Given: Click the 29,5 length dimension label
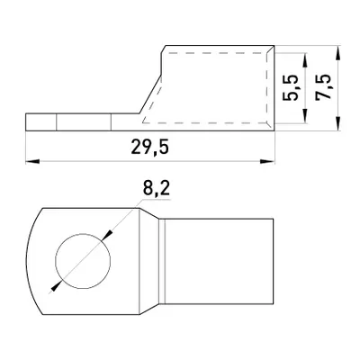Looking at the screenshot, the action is pyautogui.click(x=150, y=148).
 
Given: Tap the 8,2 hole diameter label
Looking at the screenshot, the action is pyautogui.click(x=157, y=189).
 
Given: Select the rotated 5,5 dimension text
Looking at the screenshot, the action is pyautogui.click(x=291, y=87).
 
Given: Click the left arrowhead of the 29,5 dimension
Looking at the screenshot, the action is pyautogui.click(x=32, y=161).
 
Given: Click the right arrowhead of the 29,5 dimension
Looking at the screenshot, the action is pyautogui.click(x=267, y=161).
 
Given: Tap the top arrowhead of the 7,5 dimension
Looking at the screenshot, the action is pyautogui.click(x=338, y=52).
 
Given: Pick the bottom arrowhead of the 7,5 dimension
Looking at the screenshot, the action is pyautogui.click(x=338, y=123).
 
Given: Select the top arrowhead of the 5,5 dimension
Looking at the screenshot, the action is pyautogui.click(x=305, y=59).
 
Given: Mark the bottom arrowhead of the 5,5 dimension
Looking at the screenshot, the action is pyautogui.click(x=305, y=116).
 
